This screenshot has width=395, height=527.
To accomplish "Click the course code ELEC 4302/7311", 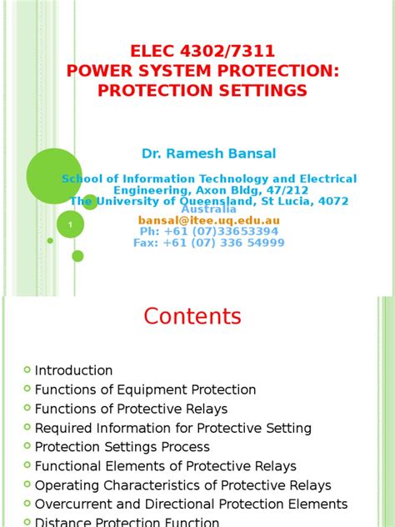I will [203, 53].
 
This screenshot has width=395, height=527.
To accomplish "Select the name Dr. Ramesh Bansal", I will [208, 153].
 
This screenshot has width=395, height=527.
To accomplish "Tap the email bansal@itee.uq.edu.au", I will [209, 220].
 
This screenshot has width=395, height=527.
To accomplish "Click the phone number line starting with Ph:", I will [209, 231].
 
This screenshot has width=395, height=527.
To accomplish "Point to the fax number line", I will [209, 243].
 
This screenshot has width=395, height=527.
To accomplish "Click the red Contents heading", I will [192, 317].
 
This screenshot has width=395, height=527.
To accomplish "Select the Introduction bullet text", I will [73, 370].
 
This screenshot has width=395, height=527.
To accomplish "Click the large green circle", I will [55, 176].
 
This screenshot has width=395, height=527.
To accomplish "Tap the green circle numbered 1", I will [70, 224].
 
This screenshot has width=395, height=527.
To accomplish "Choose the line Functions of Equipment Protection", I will [145, 389].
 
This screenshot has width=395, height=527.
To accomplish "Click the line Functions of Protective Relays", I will [131, 409].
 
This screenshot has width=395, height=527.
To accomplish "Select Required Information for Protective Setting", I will [172, 428].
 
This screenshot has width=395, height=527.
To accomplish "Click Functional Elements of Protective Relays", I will [165, 466].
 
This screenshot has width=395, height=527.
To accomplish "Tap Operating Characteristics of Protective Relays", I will [182, 485].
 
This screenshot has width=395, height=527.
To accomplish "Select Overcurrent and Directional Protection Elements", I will [191, 504].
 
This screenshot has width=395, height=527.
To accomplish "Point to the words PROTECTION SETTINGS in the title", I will [202, 90].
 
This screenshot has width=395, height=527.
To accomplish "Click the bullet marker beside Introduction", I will [27, 370].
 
